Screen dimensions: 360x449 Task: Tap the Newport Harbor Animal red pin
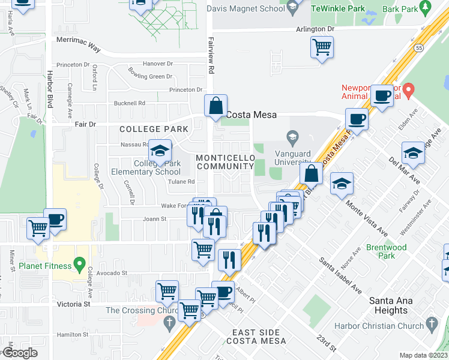(x=409, y=91)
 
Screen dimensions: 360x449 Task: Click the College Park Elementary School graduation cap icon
(x=160, y=151)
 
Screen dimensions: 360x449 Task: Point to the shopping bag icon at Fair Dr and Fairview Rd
(x=215, y=106)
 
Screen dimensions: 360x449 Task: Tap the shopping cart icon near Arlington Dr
(x=322, y=47)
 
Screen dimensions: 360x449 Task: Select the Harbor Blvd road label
(x=50, y=89)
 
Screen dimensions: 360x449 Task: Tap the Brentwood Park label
(x=387, y=251)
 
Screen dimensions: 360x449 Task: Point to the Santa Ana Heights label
(x=388, y=305)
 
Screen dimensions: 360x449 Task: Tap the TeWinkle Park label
(x=338, y=10)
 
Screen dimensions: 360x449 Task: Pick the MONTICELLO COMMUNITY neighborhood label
(x=226, y=161)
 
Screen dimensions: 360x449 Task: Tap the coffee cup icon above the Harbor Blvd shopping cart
(x=55, y=219)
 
